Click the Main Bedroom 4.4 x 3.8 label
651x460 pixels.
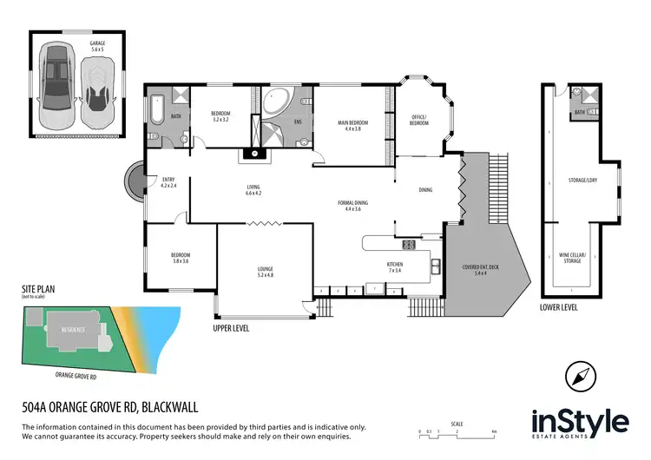pos(353,125)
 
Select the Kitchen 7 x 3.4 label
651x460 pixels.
pos(393,267)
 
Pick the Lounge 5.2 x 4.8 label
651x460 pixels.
pos(265,271)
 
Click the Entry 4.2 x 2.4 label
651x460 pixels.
pos(168,183)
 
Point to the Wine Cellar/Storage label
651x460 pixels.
pos(573,258)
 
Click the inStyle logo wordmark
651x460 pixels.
pos(579,423)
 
